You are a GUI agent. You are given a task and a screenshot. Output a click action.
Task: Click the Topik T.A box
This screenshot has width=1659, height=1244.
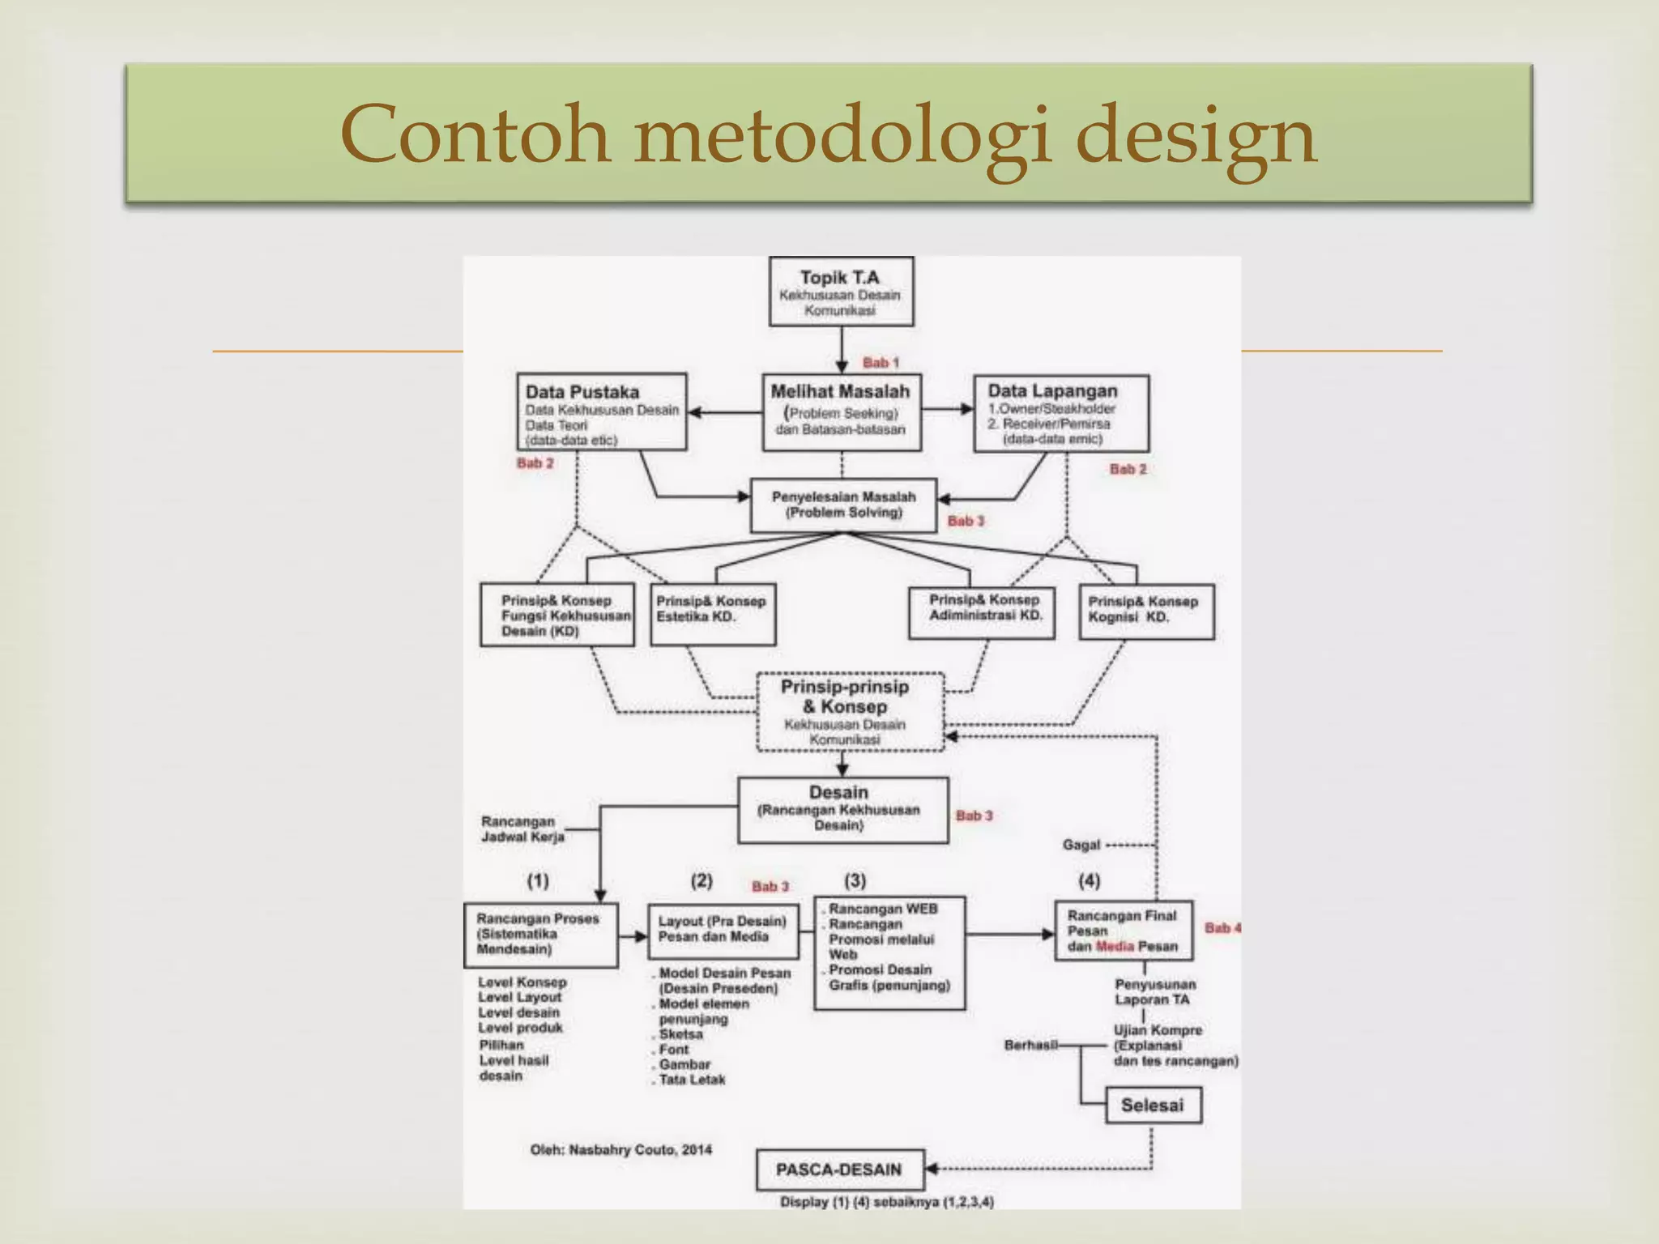pos(841,292)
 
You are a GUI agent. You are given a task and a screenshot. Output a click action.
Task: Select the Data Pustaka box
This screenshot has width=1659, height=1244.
pos(602,412)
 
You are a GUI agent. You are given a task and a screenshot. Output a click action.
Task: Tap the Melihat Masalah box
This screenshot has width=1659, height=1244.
pos(842,412)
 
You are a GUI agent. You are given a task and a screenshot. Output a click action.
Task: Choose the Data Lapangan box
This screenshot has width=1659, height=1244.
pos(1061,413)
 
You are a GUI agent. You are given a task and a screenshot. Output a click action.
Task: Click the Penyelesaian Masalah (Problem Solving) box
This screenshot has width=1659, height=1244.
pos(843,505)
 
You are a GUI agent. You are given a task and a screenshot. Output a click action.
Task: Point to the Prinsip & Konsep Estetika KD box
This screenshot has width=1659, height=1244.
pos(713,614)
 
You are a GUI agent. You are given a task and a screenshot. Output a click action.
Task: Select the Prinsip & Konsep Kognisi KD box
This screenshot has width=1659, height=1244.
pos(1146,612)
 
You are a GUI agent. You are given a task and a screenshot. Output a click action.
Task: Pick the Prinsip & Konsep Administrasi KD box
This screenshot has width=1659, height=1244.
pos(982,612)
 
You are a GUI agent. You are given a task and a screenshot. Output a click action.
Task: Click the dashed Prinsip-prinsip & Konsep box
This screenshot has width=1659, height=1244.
pos(850,712)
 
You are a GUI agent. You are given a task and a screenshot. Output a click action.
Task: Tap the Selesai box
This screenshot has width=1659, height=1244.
pos(1153,1105)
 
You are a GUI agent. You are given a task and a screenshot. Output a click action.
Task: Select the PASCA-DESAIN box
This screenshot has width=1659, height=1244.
pos(840,1169)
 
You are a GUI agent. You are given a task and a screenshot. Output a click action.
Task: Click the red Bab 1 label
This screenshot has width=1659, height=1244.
pos(881,363)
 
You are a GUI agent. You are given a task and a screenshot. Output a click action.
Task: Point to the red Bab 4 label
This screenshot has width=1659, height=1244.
pos(1222,927)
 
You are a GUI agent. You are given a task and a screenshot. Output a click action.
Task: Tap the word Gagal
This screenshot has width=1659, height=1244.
pos(1081,846)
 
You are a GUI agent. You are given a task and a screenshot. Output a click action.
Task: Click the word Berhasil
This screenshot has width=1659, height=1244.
pos(1031,1045)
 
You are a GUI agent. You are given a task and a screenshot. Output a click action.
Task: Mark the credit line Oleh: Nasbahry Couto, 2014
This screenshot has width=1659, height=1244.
pos(621,1149)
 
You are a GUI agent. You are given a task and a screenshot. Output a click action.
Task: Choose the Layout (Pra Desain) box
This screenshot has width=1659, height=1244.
pos(723,930)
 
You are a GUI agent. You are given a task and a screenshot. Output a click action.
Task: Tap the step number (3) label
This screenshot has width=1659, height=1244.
pos(855,880)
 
